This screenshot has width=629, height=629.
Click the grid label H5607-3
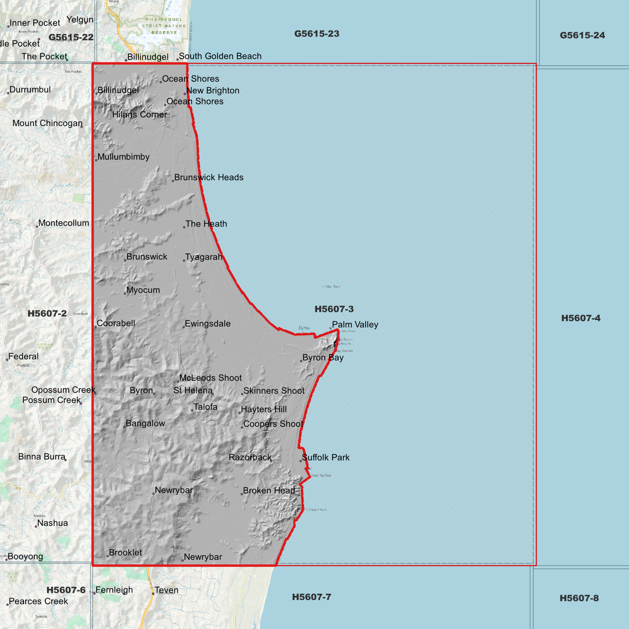click(334, 309)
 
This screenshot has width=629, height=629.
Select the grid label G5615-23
click(316, 34)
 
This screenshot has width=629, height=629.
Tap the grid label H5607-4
click(581, 318)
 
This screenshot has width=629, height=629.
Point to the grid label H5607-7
click(311, 597)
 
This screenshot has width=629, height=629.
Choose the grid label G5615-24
click(582, 35)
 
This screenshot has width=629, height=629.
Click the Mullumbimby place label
click(123, 157)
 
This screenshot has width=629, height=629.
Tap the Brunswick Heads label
click(209, 177)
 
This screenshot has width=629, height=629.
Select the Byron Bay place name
click(323, 357)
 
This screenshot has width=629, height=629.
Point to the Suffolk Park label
click(326, 457)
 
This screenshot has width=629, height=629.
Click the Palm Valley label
click(355, 325)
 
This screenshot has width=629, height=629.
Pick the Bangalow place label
click(145, 423)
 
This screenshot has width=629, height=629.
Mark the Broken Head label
click(269, 491)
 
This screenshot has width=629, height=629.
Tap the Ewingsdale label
click(208, 323)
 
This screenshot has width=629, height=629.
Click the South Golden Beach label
click(220, 56)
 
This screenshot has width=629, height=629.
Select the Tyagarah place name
click(204, 257)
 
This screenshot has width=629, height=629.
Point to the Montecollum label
click(64, 223)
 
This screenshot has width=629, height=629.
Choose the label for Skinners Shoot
click(274, 391)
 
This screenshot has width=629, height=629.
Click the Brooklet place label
click(125, 552)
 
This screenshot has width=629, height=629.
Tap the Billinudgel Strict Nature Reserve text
click(164, 26)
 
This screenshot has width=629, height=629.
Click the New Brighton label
click(212, 91)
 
